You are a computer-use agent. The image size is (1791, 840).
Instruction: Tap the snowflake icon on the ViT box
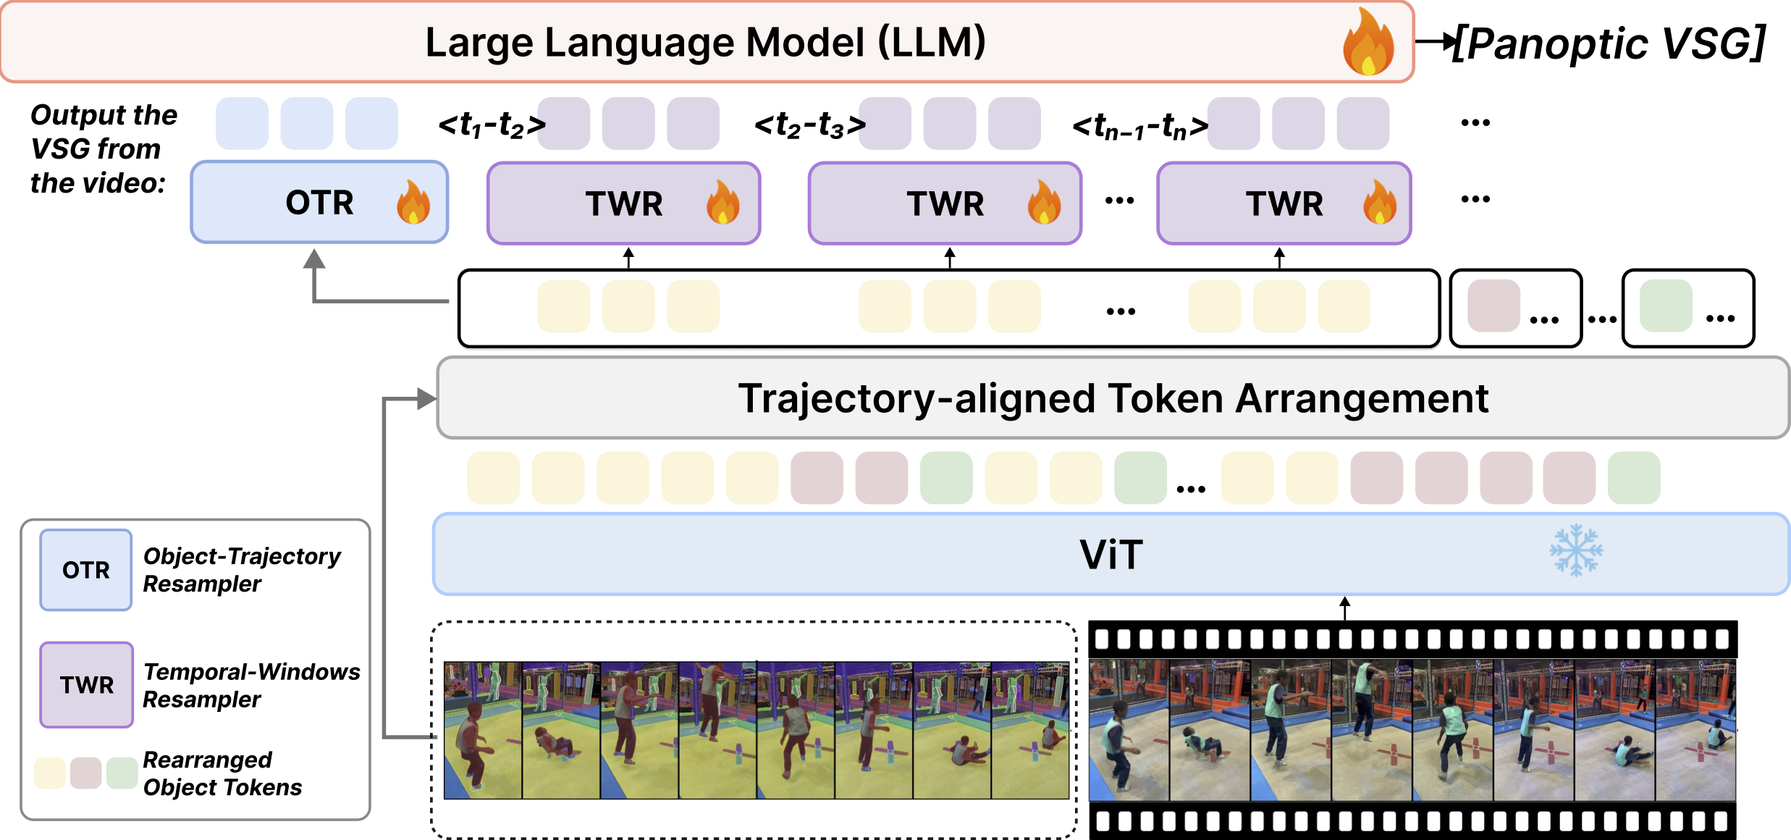click(1576, 550)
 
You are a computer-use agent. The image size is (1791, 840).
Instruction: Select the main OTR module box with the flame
click(319, 202)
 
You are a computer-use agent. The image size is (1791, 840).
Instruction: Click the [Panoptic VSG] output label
click(1609, 43)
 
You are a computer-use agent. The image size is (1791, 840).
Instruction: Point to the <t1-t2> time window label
click(492, 125)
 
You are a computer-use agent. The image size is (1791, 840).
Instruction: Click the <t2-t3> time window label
click(809, 125)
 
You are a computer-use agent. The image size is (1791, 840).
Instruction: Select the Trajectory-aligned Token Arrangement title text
click(1113, 398)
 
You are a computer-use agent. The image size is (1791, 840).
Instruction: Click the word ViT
click(1111, 555)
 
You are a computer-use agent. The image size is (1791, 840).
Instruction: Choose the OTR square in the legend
click(86, 570)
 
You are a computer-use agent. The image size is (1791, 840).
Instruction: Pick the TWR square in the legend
click(87, 684)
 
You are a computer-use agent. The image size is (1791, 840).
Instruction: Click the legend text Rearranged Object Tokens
click(222, 773)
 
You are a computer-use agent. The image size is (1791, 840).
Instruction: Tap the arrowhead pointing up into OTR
click(314, 259)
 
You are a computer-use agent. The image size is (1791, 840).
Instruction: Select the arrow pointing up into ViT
click(1344, 607)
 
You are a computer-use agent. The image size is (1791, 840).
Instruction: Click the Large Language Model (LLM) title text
click(705, 42)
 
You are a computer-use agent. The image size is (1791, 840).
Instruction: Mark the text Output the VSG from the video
click(104, 149)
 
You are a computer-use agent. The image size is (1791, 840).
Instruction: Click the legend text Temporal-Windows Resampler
click(250, 685)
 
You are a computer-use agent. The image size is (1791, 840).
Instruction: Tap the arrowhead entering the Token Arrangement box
click(427, 398)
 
